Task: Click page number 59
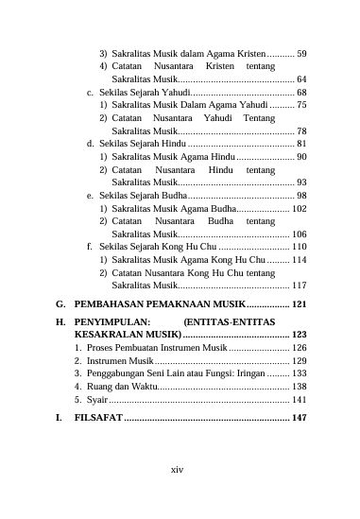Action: tap(302, 53)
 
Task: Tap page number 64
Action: tap(302, 79)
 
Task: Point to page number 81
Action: tap(302, 143)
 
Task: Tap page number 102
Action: tap(300, 207)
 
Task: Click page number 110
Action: tap(300, 245)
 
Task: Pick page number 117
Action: tap(300, 284)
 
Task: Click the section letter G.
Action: tap(60, 304)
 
